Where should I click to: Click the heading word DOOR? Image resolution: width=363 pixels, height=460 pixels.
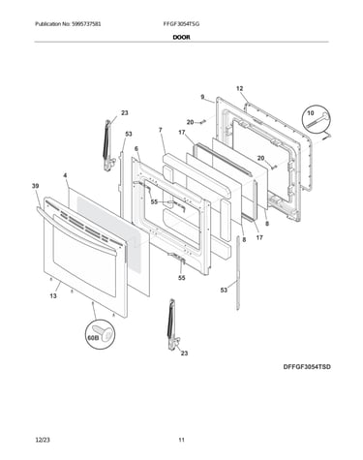pyautogui.click(x=181, y=37)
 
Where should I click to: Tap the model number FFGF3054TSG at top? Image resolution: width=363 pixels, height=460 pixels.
pyautogui.click(x=181, y=24)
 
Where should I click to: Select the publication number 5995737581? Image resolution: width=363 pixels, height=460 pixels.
pyautogui.click(x=86, y=24)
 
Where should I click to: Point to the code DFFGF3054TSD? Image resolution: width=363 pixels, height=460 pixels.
pyautogui.click(x=307, y=367)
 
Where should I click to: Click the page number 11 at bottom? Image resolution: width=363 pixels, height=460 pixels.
pyautogui.click(x=182, y=440)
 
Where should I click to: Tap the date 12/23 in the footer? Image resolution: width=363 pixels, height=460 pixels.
pyautogui.click(x=43, y=440)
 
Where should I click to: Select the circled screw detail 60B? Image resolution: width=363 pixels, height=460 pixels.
pyautogui.click(x=100, y=335)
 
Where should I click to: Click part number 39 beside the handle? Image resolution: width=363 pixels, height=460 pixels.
pyautogui.click(x=36, y=186)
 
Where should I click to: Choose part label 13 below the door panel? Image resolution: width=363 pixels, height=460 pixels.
pyautogui.click(x=53, y=295)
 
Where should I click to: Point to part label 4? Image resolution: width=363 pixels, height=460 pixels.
pyautogui.click(x=65, y=175)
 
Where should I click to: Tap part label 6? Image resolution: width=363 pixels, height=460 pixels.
pyautogui.click(x=136, y=148)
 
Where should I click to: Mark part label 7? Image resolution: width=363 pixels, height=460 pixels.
pyautogui.click(x=161, y=130)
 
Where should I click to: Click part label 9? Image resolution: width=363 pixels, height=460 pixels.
pyautogui.click(x=202, y=97)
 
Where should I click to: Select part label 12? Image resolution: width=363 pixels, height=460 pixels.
pyautogui.click(x=239, y=88)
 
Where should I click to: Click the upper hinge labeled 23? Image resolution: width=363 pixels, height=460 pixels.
pyautogui.click(x=108, y=145)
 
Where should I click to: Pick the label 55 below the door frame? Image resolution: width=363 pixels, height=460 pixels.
pyautogui.click(x=182, y=278)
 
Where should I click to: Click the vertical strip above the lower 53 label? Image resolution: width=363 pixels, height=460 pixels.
pyautogui.click(x=238, y=273)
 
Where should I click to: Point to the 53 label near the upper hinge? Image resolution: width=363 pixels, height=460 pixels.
pyautogui.click(x=129, y=134)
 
